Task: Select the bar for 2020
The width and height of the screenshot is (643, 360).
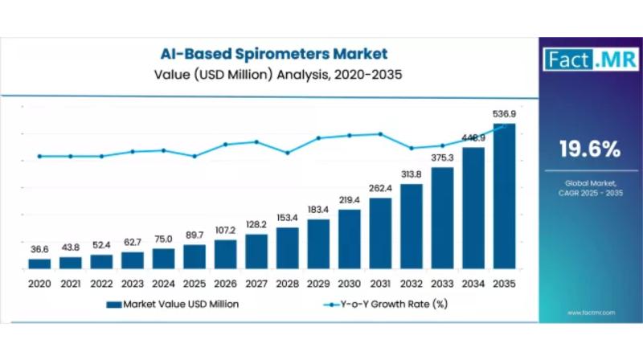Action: (39, 263)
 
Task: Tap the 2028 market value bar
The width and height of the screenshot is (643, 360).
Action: (287, 247)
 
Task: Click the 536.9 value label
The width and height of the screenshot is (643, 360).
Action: (504, 114)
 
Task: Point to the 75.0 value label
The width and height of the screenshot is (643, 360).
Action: (163, 239)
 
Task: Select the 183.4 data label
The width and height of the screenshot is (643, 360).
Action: (318, 210)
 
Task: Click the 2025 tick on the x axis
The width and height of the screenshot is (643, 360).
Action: (195, 284)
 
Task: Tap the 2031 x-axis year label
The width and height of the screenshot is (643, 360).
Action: (380, 284)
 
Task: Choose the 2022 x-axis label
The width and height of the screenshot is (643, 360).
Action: (101, 284)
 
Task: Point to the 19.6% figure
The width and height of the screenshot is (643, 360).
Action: (589, 149)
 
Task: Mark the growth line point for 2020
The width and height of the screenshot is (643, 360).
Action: (39, 156)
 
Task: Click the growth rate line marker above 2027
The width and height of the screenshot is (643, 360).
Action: (256, 141)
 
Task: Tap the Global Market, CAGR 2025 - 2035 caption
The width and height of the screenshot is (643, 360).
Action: (589, 188)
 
